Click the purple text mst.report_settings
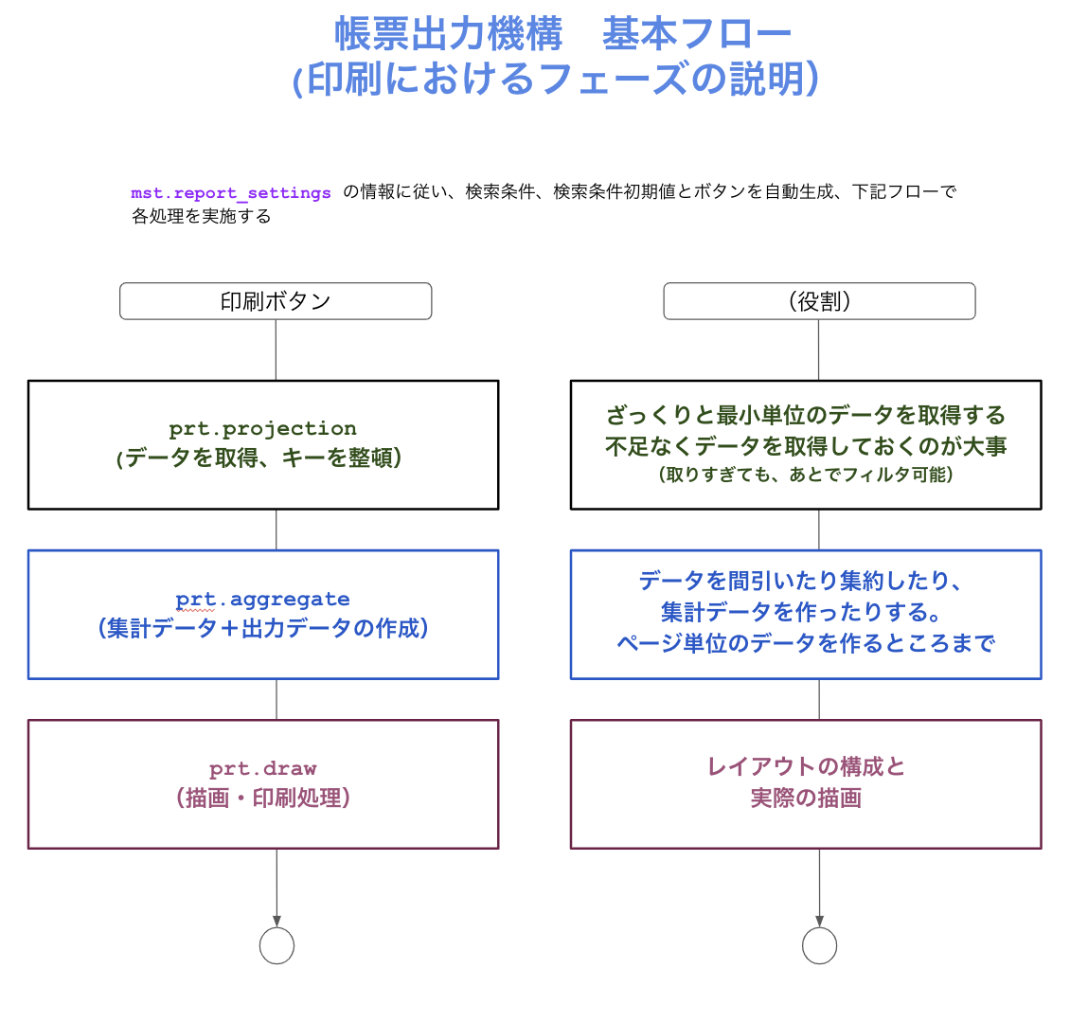[231, 193]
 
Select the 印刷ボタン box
[276, 301]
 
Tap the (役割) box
[819, 301]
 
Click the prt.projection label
[262, 428]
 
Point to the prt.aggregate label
[262, 600]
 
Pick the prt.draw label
[262, 768]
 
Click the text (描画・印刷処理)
[262, 798]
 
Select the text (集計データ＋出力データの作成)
[262, 628]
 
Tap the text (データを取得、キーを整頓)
[259, 458]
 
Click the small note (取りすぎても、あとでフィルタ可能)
[806, 475]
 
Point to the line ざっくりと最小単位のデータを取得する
[806, 415]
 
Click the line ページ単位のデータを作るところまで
[806, 643]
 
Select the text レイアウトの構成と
[806, 766]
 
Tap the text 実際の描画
[806, 798]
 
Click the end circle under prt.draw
[277, 945]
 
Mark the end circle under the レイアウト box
[820, 945]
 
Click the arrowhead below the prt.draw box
[277, 922]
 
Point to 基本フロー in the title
[696, 34]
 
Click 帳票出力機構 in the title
[448, 34]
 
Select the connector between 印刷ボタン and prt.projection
[276, 350]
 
